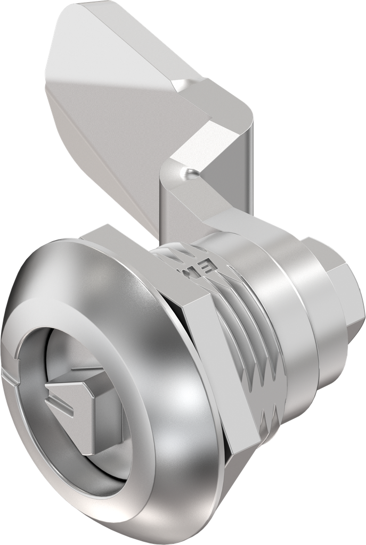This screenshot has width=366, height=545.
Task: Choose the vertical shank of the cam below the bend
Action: coord(176,213)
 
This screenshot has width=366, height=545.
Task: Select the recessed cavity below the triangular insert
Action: coord(101,458)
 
